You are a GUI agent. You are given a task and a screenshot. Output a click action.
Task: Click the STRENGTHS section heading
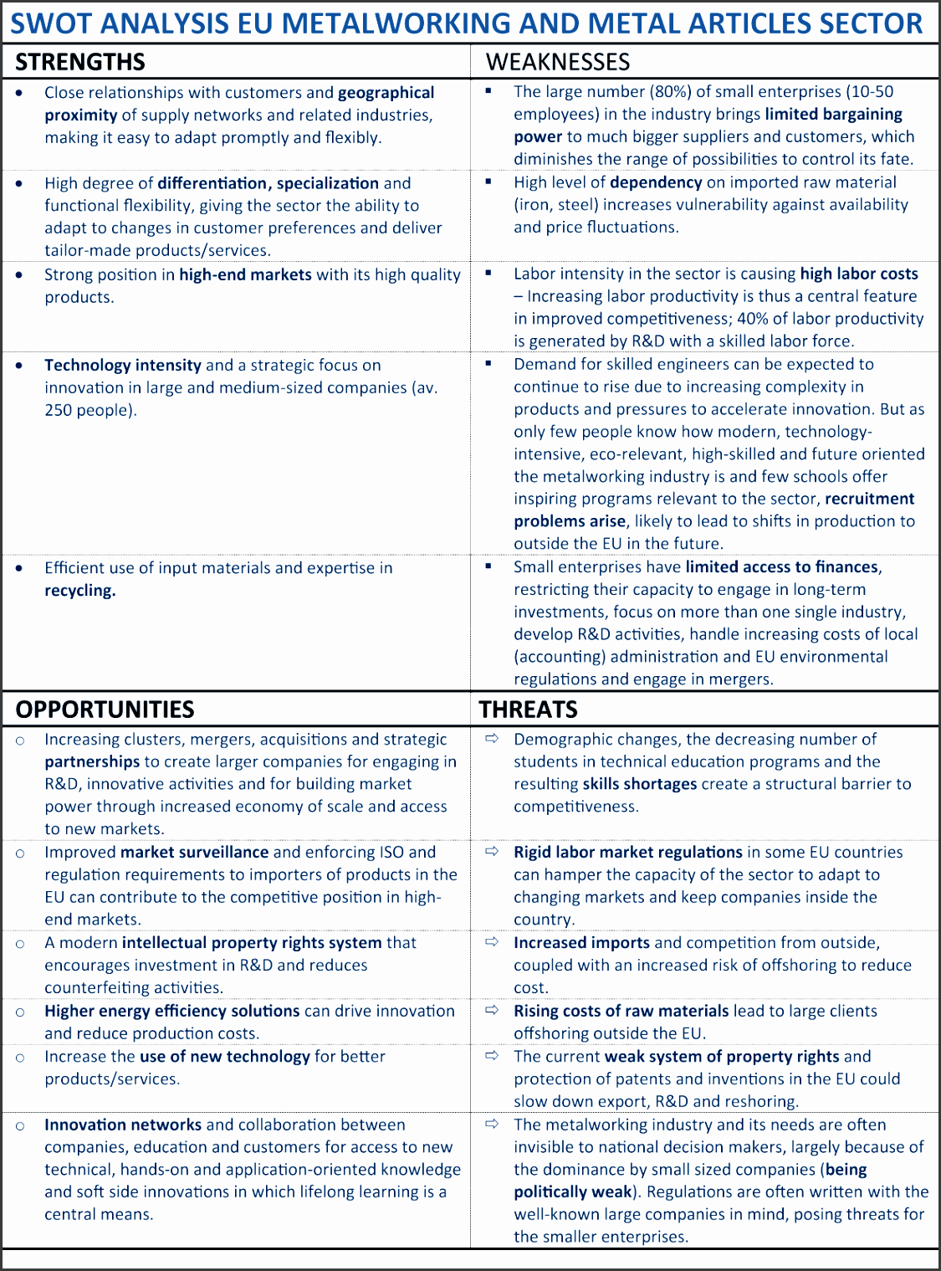pyautogui.click(x=80, y=62)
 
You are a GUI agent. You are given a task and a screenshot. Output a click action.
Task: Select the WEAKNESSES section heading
pyautogui.click(x=558, y=62)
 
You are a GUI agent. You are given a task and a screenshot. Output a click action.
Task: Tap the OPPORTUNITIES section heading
pyautogui.click(x=105, y=710)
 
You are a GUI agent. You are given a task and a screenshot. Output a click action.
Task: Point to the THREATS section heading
pyautogui.click(x=528, y=710)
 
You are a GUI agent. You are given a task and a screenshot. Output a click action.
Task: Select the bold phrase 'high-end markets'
pyautogui.click(x=245, y=274)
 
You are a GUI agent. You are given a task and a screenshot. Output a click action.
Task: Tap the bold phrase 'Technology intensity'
pyautogui.click(x=122, y=365)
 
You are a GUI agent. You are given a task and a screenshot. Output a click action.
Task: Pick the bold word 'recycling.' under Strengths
pyautogui.click(x=80, y=591)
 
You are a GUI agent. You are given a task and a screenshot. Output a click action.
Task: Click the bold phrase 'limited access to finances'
pyautogui.click(x=782, y=567)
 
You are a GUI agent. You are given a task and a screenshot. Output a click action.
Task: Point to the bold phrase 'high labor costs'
pyautogui.click(x=859, y=274)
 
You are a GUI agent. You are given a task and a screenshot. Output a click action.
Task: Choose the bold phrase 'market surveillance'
pyautogui.click(x=194, y=852)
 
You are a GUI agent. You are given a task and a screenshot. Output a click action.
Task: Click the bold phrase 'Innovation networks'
pyautogui.click(x=123, y=1125)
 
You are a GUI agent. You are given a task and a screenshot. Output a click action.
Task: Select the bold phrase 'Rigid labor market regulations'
pyautogui.click(x=627, y=852)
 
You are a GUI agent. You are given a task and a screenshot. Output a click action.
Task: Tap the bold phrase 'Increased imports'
pyautogui.click(x=581, y=943)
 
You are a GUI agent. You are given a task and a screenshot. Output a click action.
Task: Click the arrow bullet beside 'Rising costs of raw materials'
pyautogui.click(x=492, y=1010)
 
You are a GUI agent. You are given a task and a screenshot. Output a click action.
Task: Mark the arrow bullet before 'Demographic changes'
pyautogui.click(x=492, y=738)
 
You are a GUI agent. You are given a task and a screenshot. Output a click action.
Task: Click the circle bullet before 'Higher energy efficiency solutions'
pyautogui.click(x=20, y=1012)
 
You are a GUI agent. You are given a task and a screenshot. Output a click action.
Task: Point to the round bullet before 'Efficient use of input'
pyautogui.click(x=20, y=568)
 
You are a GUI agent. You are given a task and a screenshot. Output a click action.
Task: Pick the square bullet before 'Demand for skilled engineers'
pyautogui.click(x=489, y=363)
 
